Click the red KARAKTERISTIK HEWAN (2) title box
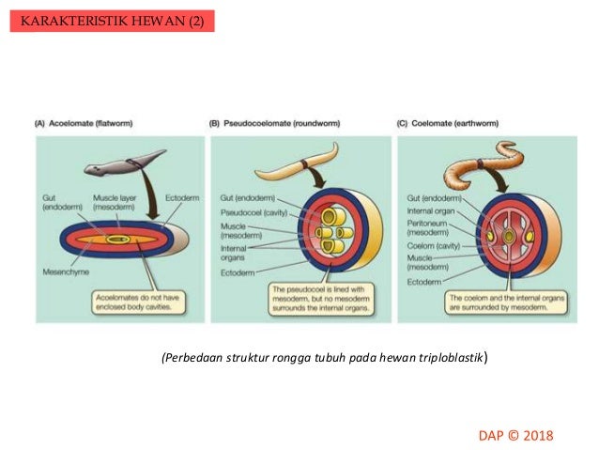point(112,21)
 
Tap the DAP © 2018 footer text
point(515,435)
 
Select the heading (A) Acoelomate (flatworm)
point(84,124)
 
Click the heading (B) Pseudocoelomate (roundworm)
point(272,124)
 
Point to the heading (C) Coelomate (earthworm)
point(449,124)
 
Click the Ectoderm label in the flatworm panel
point(181,198)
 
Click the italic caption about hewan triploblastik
point(323,358)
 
